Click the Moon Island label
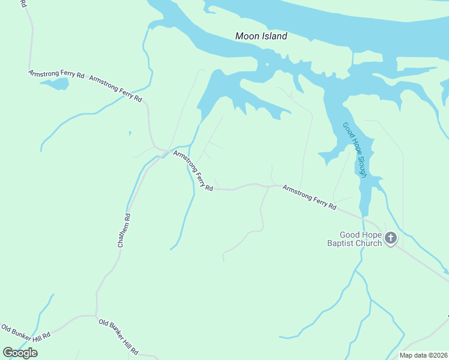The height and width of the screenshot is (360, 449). click(261, 36)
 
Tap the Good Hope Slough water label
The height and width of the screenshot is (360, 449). click(354, 149)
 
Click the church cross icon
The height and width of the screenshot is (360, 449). click(390, 239)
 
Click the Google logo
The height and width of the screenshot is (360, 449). click(20, 353)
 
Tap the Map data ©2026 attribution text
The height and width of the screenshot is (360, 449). click(423, 355)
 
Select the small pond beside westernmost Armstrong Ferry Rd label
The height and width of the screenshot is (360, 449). click(55, 83)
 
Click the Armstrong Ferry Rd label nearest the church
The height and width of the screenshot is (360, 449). click(309, 197)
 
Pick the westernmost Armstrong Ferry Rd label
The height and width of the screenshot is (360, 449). click(56, 74)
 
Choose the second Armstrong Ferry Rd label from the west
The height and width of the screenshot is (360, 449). click(115, 88)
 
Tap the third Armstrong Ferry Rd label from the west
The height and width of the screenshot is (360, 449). click(193, 171)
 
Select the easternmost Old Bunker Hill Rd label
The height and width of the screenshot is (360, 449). click(118, 337)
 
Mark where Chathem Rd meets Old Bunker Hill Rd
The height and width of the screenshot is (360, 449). click(96, 315)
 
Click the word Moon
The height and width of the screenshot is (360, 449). click(247, 36)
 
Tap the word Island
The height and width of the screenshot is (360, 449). click(274, 36)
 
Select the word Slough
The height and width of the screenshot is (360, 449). click(362, 165)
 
